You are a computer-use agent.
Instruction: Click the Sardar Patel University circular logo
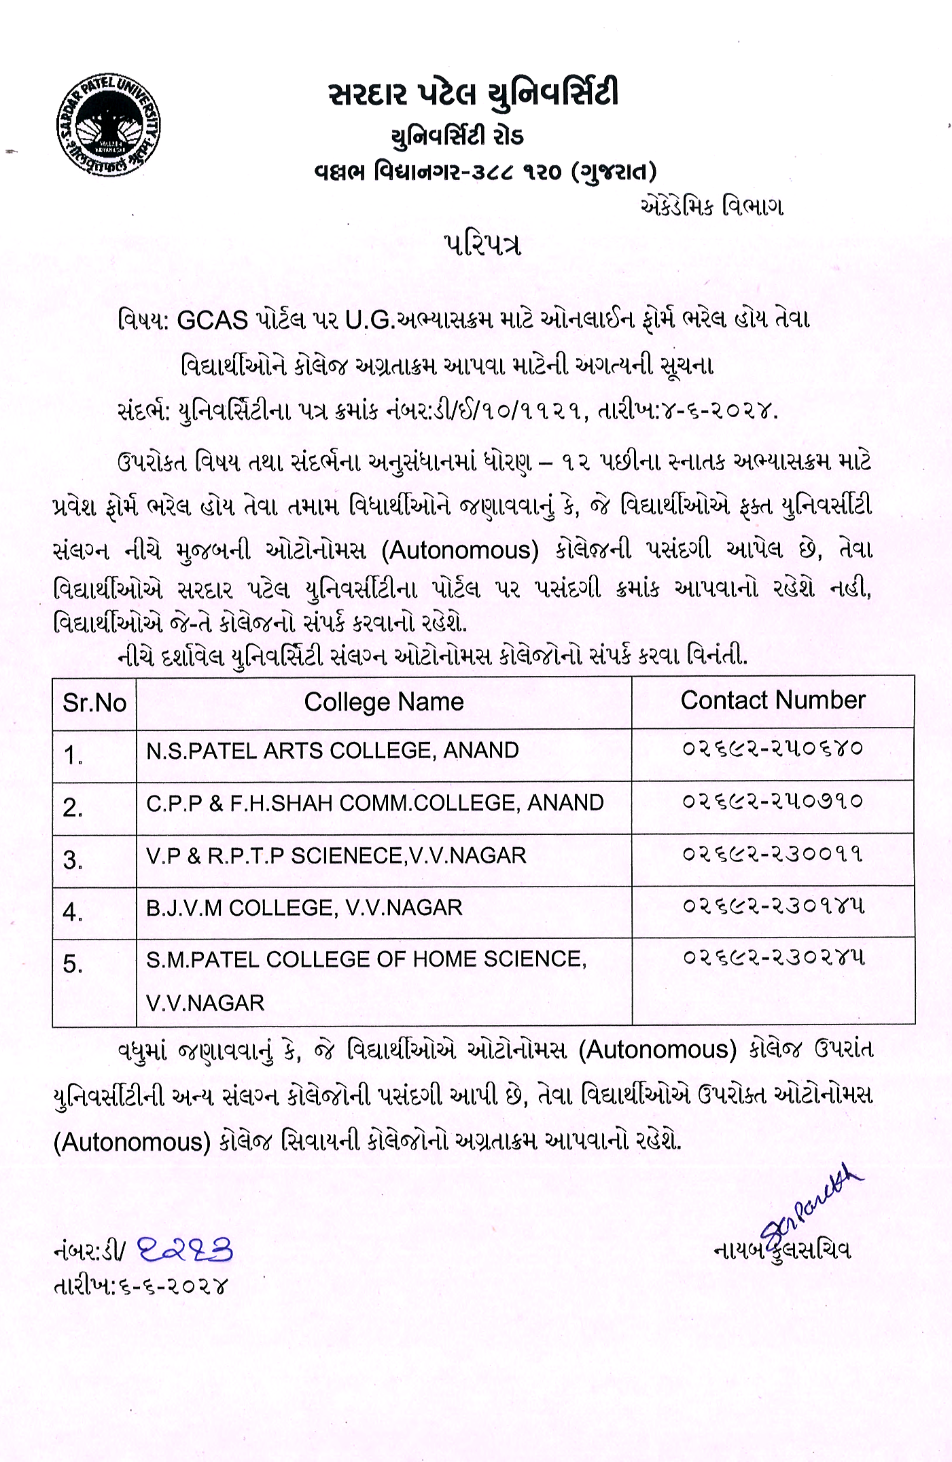pos(109,126)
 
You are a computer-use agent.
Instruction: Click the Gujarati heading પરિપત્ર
pos(482,245)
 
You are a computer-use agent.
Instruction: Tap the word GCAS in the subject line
pos(212,319)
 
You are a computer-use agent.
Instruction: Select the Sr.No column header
pos(94,702)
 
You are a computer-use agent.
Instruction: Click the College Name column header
pos(384,702)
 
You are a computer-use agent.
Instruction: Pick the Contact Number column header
pos(773,700)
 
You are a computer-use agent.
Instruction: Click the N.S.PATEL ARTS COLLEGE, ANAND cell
pos(332,751)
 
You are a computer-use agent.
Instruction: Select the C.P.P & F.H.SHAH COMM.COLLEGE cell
pos(374,803)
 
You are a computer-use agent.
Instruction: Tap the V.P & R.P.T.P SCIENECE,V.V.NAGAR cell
pos(336,855)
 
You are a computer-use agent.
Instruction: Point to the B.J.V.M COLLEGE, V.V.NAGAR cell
pos(304,908)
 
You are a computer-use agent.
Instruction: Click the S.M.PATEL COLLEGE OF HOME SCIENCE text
pos(366,959)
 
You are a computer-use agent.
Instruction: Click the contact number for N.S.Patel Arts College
pos(773,749)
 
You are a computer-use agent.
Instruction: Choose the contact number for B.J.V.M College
pos(773,906)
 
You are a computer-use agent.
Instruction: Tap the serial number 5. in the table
pos(73,964)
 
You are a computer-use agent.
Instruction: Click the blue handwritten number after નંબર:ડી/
pos(186,1251)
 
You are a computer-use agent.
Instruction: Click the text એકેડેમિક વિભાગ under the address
pos(711,207)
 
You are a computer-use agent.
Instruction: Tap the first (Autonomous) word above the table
pos(460,550)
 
